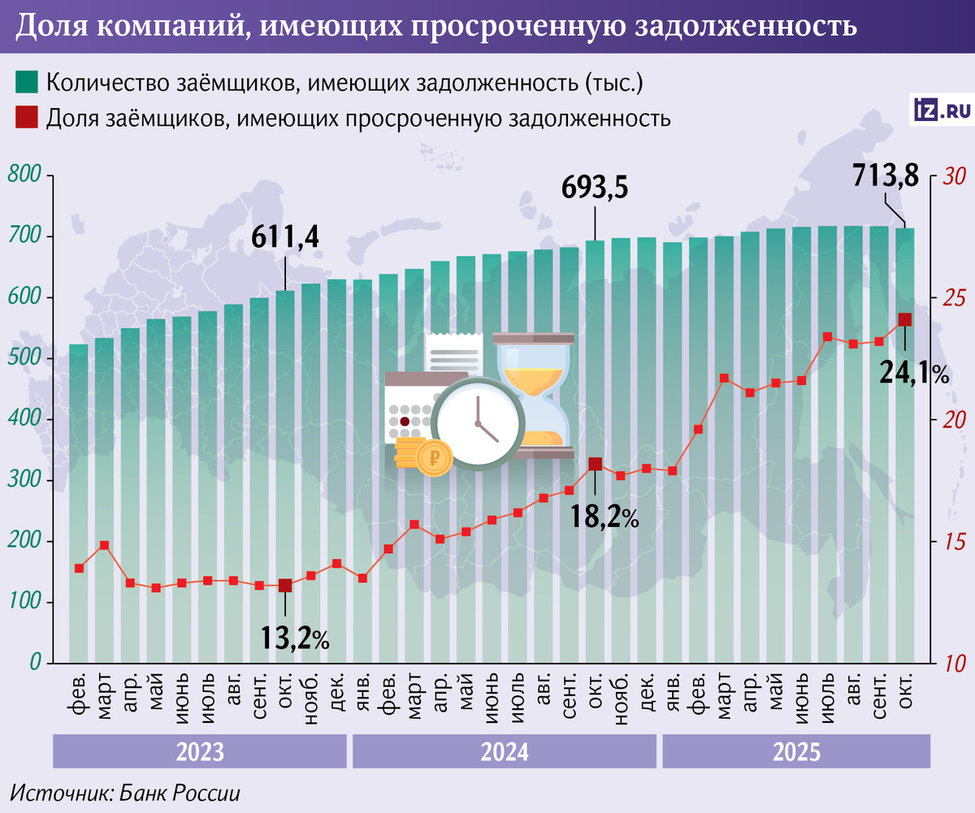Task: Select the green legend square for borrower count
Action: pos(27,82)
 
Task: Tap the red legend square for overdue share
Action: pos(27,118)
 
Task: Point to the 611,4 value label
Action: pos(285,236)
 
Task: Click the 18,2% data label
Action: pos(604,515)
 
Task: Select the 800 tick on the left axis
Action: pos(25,176)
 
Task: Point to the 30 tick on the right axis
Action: pos(951,176)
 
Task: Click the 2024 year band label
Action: pos(505,751)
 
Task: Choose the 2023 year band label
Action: pos(200,751)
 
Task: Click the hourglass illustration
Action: pos(533,395)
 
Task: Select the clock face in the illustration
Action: pos(476,422)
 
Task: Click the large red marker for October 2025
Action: pos(905,320)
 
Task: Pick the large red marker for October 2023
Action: pos(285,586)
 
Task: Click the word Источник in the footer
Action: pos(53,793)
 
